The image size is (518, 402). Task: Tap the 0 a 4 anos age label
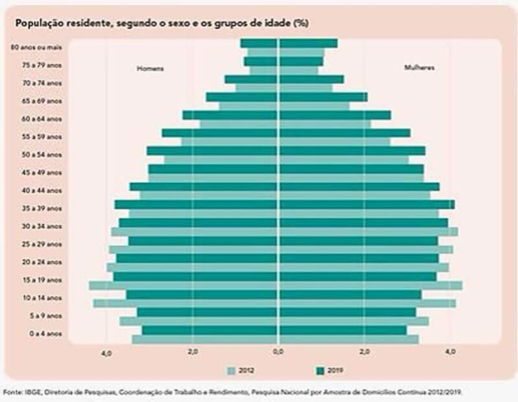coord(45,334)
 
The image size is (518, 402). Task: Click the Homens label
coord(150,69)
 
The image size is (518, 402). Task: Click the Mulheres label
coord(419,68)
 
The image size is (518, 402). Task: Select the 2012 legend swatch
coord(231,371)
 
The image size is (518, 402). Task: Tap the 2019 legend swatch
coord(319,371)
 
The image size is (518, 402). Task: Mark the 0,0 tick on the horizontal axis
coord(278,351)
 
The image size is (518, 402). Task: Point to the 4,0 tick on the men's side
coord(107,352)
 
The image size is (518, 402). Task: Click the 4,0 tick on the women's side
coord(451,351)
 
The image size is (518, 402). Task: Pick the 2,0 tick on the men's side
coord(192,351)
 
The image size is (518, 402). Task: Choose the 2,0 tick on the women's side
coord(365,351)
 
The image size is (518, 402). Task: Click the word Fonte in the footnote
coord(12,393)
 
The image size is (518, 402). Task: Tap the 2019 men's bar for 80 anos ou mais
coord(259,43)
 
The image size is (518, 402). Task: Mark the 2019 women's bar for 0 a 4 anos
coord(343,330)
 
